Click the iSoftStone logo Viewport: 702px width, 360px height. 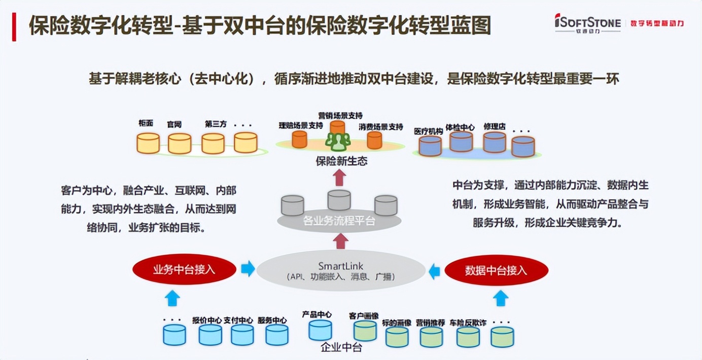coord(587,23)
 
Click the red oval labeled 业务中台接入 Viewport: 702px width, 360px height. coord(184,270)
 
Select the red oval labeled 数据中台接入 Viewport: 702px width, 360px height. coord(496,271)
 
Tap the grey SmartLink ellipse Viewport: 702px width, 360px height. coord(340,271)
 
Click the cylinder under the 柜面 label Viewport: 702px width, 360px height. coord(148,143)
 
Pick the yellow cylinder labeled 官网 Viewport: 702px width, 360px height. coord(180,143)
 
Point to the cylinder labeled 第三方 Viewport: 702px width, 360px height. coord(213,143)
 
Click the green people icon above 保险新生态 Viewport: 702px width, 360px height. coord(338,141)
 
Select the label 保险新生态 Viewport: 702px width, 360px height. coord(341,162)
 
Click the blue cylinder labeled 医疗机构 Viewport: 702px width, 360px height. coord(430,146)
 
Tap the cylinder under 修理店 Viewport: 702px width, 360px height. coord(495,142)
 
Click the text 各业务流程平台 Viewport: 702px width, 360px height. coord(338,221)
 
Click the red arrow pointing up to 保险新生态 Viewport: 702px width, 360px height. coord(340,178)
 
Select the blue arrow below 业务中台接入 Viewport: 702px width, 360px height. coord(173,298)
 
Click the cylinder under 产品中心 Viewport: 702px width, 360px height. coord(320,330)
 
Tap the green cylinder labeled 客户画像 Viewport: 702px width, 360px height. coord(365,331)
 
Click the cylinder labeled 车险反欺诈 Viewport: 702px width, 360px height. coord(468,337)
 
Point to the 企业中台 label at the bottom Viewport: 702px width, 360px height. coord(341,348)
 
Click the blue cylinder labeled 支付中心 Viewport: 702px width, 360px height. coord(242,335)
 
